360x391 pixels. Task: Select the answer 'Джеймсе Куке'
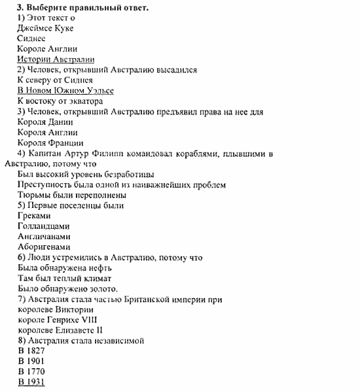tap(45, 28)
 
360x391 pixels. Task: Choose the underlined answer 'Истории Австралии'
tap(56, 59)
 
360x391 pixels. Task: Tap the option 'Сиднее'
tap(31, 39)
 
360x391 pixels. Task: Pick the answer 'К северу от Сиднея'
tap(55, 80)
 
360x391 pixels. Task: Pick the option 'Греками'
tap(34, 216)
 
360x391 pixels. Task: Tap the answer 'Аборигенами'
tap(43, 246)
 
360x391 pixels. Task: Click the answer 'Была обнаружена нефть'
tap(65, 267)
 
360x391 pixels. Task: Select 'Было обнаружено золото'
tap(68, 288)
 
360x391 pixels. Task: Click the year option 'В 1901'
tap(31, 361)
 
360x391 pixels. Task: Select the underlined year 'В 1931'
tap(31, 382)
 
